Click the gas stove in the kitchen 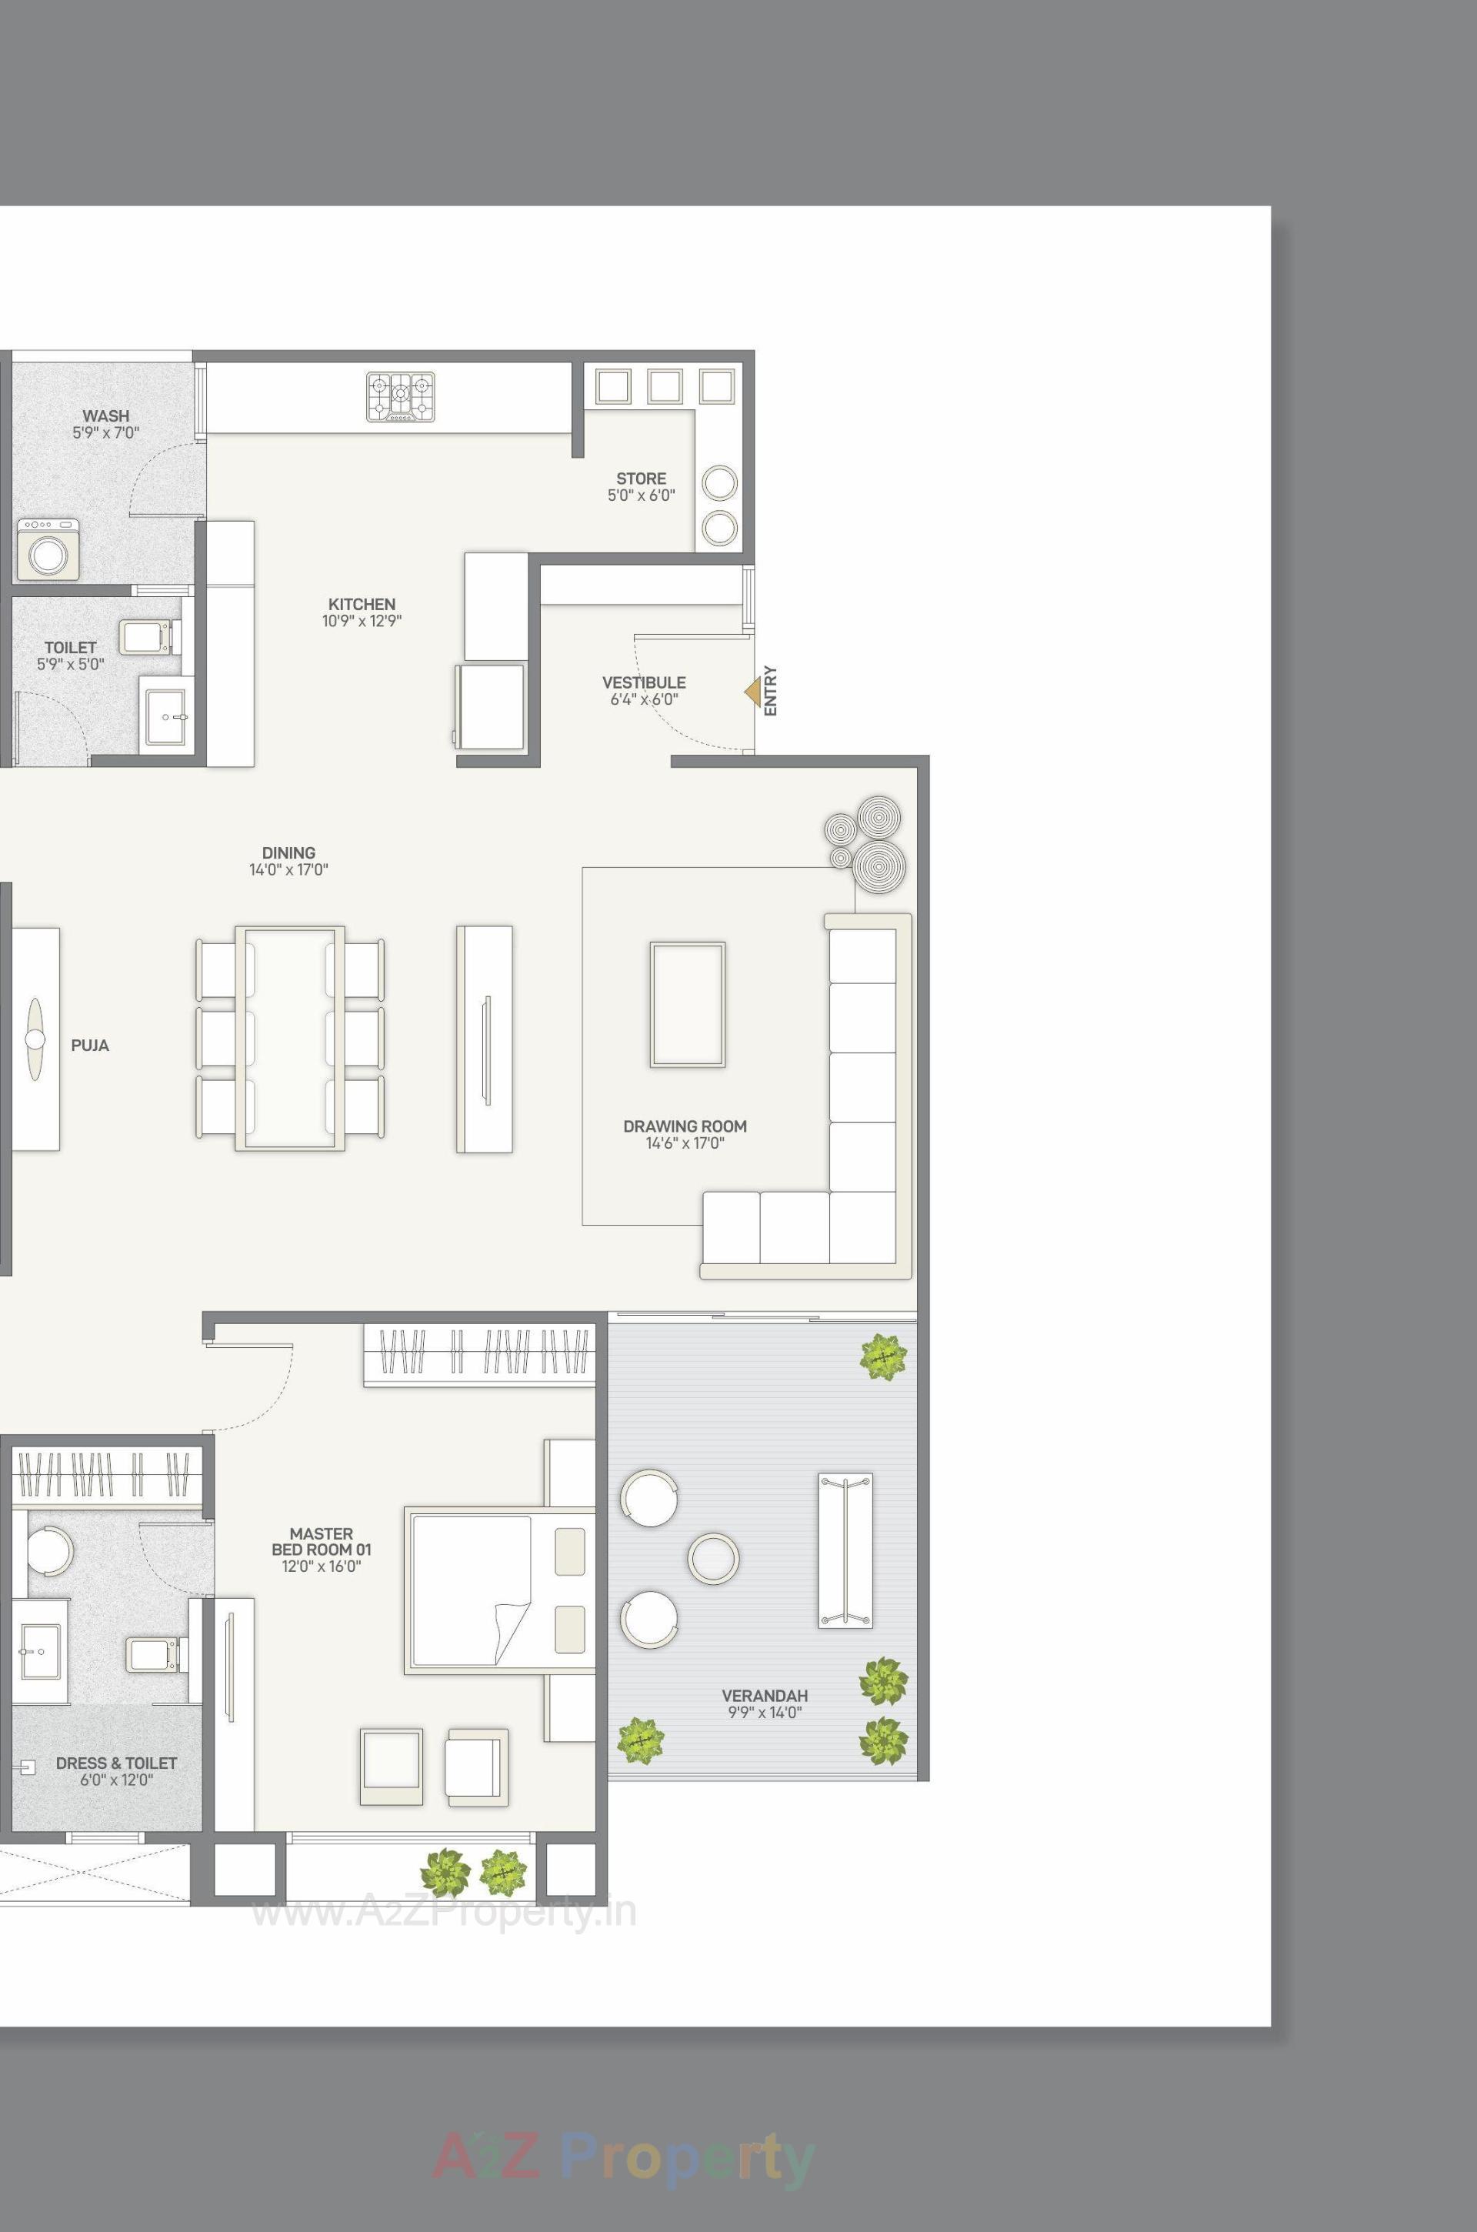click(x=402, y=397)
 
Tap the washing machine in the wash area click(x=48, y=549)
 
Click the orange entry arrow click(x=752, y=692)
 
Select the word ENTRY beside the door click(x=771, y=691)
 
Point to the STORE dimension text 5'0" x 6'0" click(x=642, y=495)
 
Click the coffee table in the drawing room click(x=687, y=1004)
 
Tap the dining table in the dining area click(x=289, y=1038)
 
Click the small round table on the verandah click(x=713, y=1557)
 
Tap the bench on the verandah click(x=845, y=1550)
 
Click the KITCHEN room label click(x=362, y=604)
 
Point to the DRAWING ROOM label click(x=685, y=1126)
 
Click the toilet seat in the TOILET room click(x=147, y=636)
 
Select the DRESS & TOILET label click(x=116, y=1763)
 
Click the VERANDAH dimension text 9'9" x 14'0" click(x=764, y=1712)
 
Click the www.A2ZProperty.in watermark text click(x=443, y=1912)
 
